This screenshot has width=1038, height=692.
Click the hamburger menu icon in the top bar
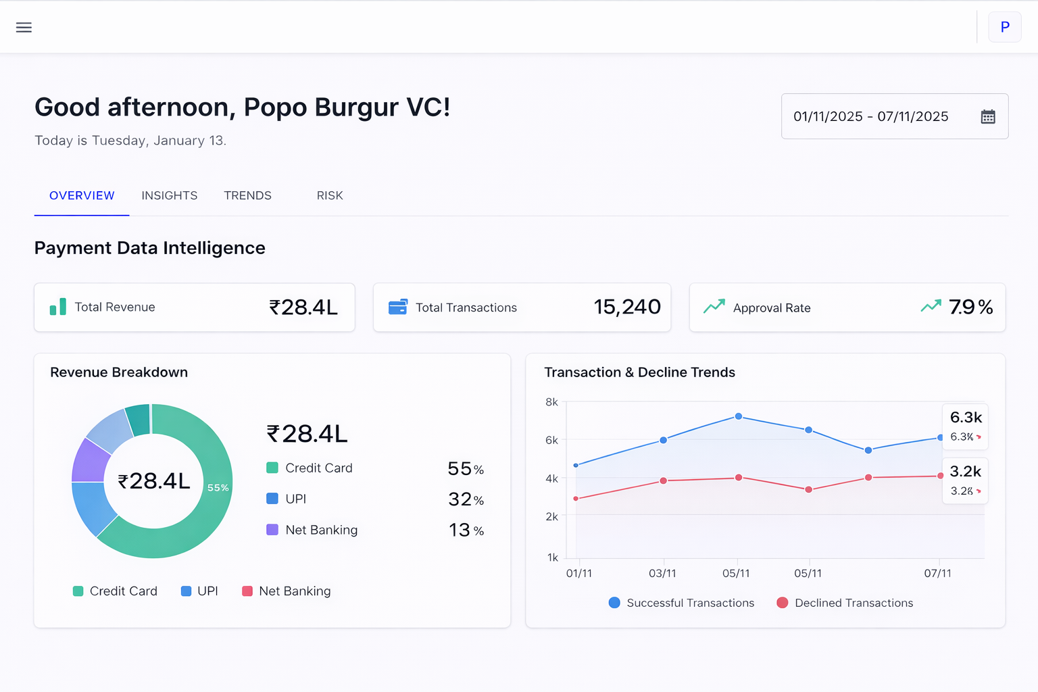24,28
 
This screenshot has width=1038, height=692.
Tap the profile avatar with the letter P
1004,27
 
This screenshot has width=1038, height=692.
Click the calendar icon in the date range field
987,117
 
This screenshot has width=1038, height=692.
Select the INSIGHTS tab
169,195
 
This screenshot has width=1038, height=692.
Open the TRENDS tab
247,195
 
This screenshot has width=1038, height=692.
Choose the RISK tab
330,195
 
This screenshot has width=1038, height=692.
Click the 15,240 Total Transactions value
626,307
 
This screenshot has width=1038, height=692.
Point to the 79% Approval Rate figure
970,307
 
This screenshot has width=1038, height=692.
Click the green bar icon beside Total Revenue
58,307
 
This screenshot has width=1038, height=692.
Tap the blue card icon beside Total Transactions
398,307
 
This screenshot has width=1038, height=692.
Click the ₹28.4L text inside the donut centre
154,481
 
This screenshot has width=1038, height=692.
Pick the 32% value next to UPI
466,499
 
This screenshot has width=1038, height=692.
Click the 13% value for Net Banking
466,530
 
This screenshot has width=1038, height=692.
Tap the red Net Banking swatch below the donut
247,591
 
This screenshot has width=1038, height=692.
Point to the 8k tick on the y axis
551,402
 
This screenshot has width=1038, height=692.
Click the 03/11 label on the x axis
662,573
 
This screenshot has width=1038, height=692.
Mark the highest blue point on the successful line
739,416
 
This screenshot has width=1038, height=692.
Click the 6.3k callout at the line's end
966,418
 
